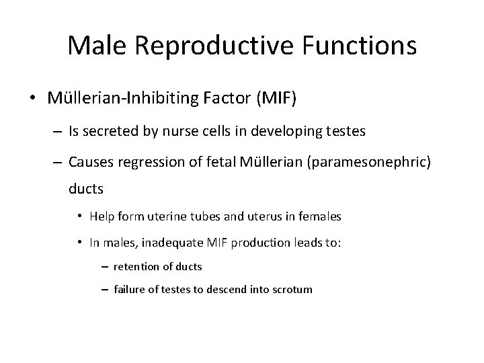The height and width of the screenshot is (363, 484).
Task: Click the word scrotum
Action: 290,290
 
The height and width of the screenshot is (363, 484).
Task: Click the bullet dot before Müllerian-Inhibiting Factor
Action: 32,99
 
